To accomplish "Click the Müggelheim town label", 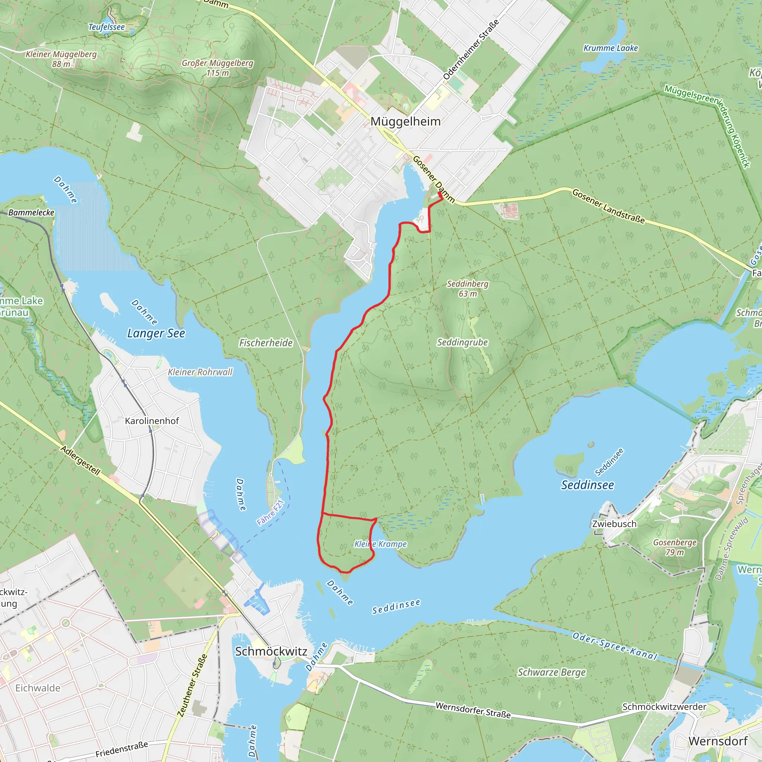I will click(406, 121).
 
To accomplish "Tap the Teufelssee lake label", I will click(106, 27).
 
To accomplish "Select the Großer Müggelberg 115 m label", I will click(218, 68).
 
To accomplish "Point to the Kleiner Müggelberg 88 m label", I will click(61, 59).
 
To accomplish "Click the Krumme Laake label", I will click(611, 48).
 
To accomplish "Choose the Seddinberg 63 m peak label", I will click(467, 288).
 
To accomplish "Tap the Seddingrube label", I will click(462, 342).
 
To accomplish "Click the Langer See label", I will click(156, 333).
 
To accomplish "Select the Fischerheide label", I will click(266, 343).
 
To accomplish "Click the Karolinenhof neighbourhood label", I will click(152, 421).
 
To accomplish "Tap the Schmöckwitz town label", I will click(271, 651).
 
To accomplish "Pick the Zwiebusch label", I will click(614, 524).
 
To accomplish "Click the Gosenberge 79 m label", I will click(675, 547).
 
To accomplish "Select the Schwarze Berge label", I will click(551, 672).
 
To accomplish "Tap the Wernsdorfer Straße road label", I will click(473, 710).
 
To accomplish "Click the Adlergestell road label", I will click(80, 460).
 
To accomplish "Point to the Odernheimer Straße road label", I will click(471, 49).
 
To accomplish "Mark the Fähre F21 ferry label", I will click(270, 513).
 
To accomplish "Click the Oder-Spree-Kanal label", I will click(615, 646).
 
